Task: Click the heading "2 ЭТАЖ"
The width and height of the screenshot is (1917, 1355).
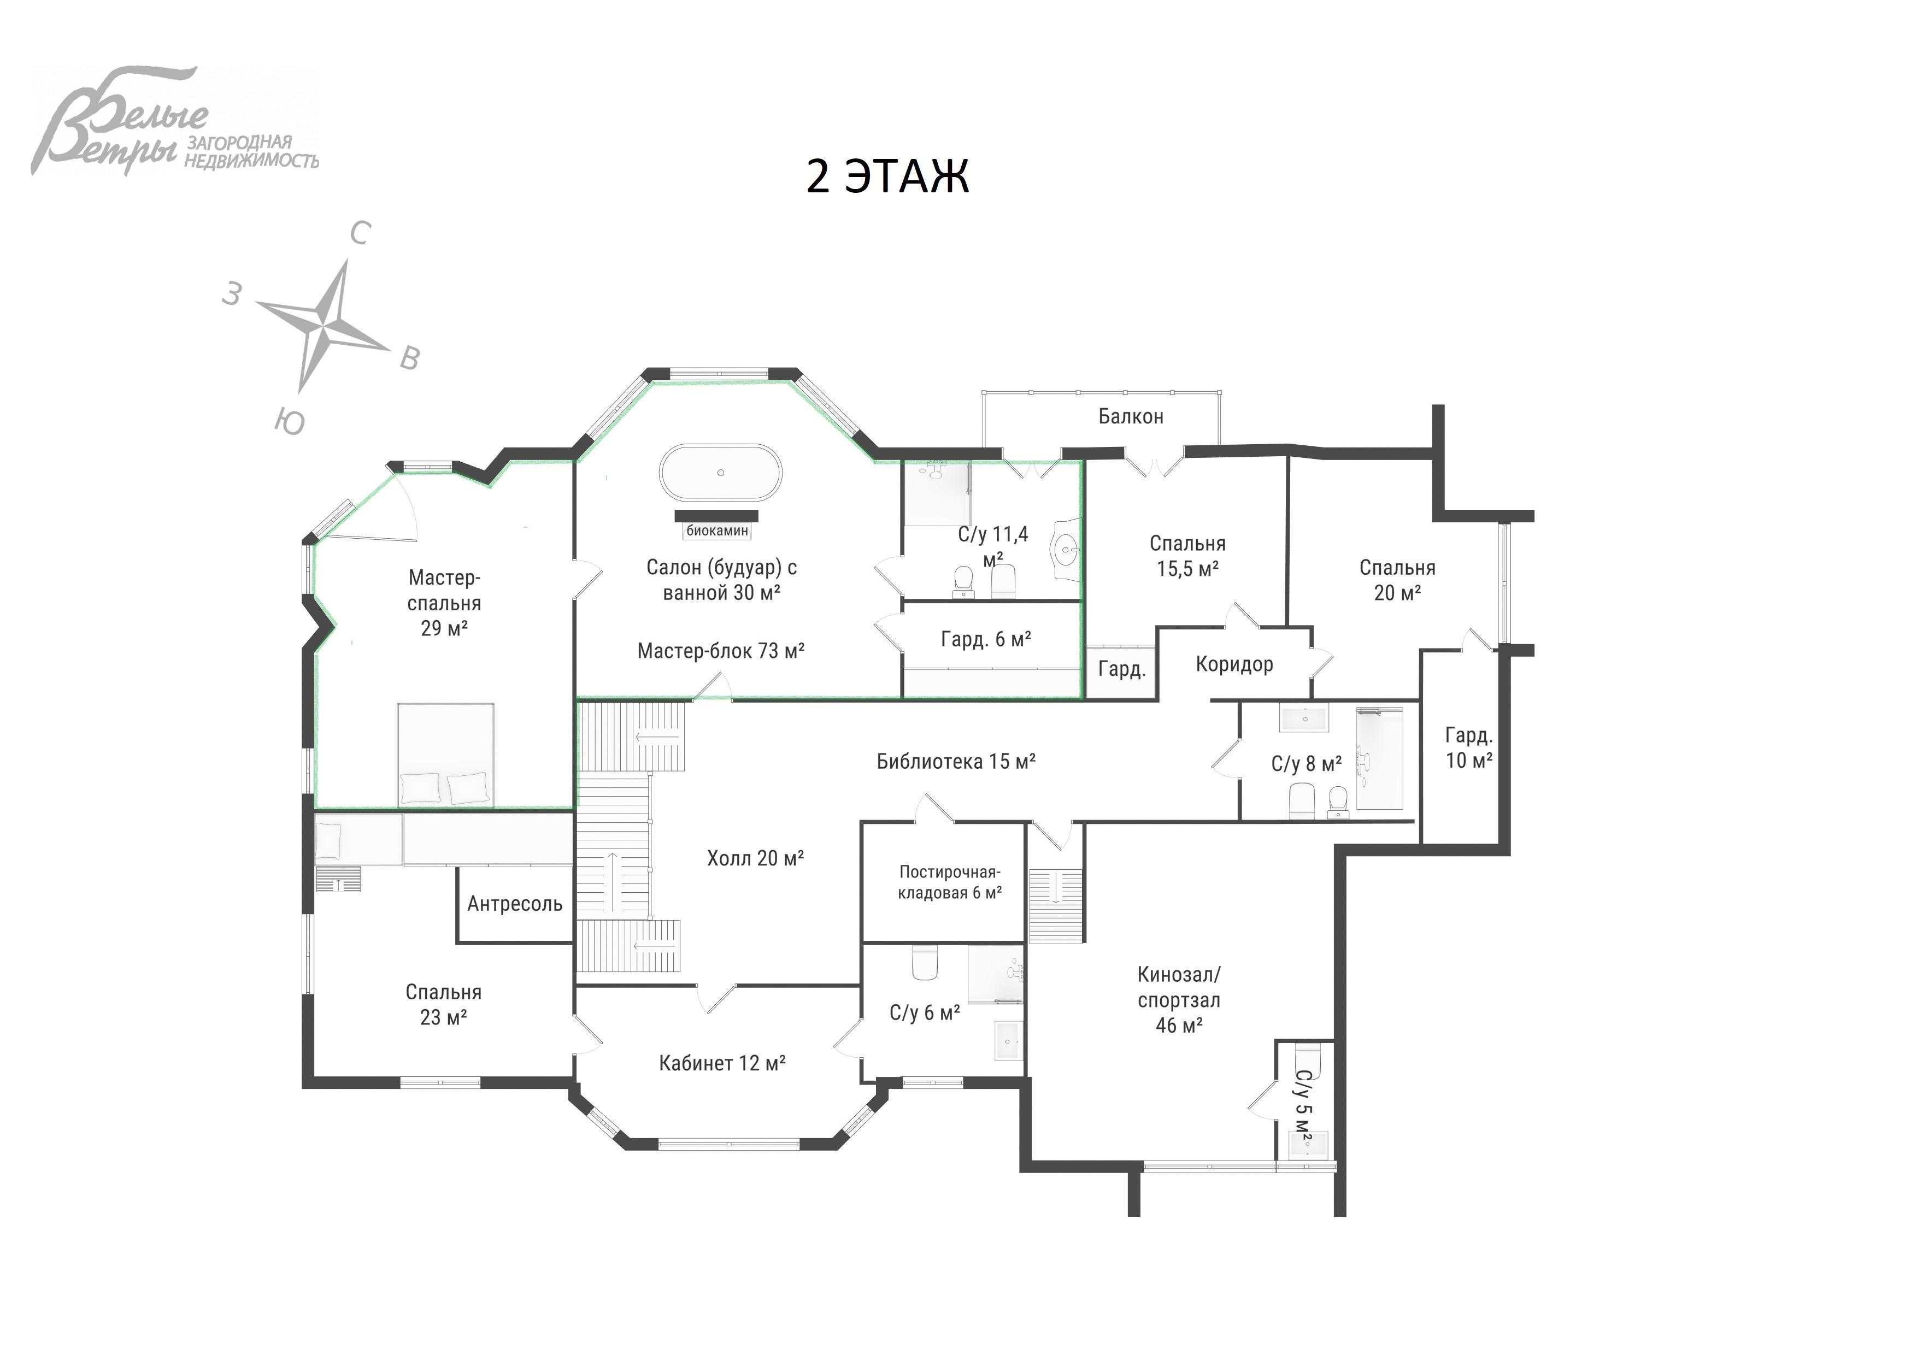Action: (887, 176)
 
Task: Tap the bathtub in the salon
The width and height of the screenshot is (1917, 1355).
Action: (721, 473)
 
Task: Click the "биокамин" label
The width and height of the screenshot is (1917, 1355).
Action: (717, 530)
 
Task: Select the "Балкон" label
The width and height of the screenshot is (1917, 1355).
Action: (1131, 416)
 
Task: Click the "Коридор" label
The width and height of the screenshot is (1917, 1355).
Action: (1234, 664)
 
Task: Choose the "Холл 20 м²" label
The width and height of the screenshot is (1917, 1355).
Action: (755, 858)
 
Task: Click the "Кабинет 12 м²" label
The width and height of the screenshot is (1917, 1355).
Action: (722, 1063)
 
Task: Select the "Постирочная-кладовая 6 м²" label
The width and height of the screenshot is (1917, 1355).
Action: (949, 882)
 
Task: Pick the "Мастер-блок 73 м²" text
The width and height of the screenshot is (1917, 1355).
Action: (721, 650)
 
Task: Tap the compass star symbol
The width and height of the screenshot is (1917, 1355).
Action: (322, 326)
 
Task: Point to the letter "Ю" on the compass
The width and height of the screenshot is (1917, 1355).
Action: (289, 422)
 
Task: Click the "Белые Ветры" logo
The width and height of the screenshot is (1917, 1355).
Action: (175, 121)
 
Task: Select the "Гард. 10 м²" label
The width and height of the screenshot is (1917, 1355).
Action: (1469, 747)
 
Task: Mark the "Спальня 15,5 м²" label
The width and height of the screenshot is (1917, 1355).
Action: (1187, 556)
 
